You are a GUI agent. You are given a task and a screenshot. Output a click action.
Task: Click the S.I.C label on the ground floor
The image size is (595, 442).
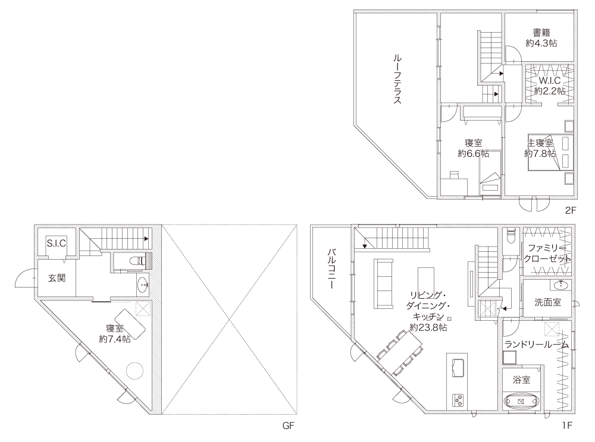click(57, 243)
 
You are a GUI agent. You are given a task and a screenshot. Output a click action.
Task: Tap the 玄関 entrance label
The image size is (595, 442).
click(57, 278)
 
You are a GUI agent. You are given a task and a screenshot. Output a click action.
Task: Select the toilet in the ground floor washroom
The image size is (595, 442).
click(136, 261)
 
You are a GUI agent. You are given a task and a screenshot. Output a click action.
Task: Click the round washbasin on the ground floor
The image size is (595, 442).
click(143, 285)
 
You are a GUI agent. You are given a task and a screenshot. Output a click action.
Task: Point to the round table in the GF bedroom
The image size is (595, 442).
click(134, 371)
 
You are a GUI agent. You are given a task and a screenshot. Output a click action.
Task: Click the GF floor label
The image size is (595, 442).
click(289, 425)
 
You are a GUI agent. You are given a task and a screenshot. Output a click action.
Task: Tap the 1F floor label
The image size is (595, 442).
click(567, 425)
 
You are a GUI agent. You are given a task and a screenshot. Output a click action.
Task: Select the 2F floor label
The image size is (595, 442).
click(571, 210)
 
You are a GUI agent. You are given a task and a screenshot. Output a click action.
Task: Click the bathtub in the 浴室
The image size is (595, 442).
click(521, 401)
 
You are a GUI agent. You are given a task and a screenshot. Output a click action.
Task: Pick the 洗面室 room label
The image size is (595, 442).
click(547, 302)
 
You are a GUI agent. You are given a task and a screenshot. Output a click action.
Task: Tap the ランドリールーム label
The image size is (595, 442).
click(537, 345)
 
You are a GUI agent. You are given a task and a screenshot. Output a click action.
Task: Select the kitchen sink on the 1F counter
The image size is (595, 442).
click(458, 367)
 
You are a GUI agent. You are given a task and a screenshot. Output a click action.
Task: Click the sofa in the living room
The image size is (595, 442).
click(383, 283)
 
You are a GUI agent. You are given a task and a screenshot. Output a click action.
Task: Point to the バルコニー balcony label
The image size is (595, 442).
click(333, 269)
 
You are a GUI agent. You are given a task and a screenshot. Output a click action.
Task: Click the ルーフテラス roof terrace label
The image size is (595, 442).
click(397, 79)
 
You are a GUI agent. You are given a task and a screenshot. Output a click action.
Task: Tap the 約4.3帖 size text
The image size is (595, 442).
click(541, 43)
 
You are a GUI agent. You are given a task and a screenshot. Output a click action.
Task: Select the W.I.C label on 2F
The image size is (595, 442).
click(549, 81)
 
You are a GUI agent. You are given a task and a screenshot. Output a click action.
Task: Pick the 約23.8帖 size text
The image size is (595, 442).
click(428, 327)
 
